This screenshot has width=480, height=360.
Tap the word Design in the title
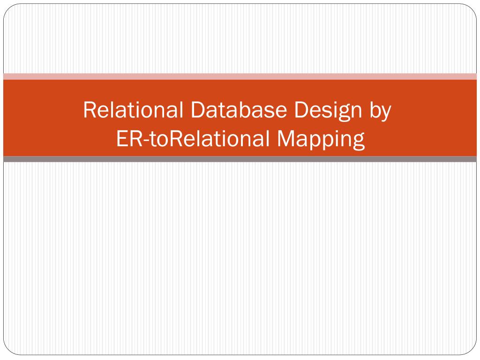click(x=326, y=111)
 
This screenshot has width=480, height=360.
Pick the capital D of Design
click(x=301, y=110)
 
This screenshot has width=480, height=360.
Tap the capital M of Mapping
click(x=285, y=139)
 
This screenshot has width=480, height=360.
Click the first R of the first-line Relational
click(x=89, y=110)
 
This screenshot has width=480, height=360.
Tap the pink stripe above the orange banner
click(x=240, y=76)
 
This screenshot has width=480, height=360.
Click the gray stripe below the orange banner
click(x=240, y=159)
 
